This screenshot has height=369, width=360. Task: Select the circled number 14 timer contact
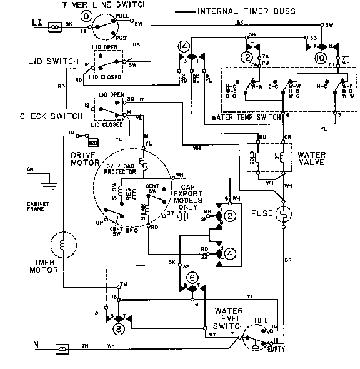click(183, 47)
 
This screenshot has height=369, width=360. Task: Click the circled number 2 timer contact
click(230, 216)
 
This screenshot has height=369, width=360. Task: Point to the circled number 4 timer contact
click(230, 253)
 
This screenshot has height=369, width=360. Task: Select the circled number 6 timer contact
click(192, 277)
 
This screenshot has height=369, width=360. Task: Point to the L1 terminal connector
click(53, 26)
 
